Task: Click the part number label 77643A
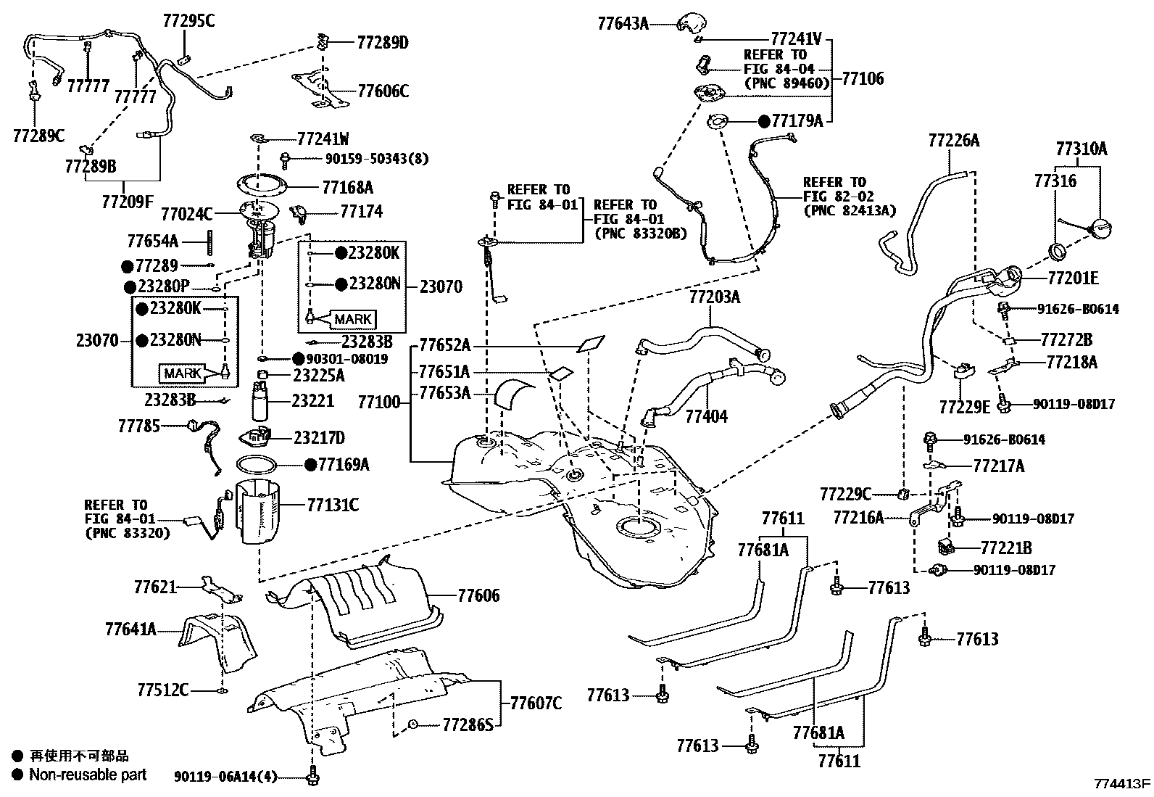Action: coord(623,23)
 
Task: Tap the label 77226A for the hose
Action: coord(953,140)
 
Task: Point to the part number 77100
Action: coord(378,401)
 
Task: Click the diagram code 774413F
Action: coord(1122,784)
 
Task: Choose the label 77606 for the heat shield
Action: coord(478,595)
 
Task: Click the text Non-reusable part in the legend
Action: coord(88,775)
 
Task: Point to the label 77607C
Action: coord(536,703)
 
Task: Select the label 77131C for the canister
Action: coord(333,504)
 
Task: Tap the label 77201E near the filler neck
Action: coord(1073,278)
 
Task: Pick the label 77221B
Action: coord(1005,548)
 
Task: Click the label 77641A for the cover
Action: coord(130,629)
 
